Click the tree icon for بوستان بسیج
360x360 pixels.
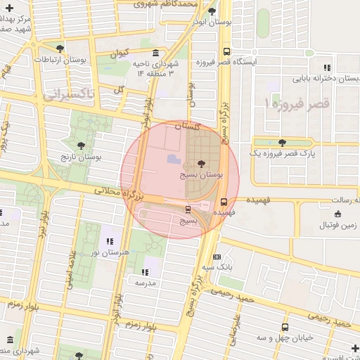(x=202, y=163)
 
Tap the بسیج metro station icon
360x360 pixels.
(x=188, y=210)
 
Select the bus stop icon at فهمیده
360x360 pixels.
(x=224, y=201)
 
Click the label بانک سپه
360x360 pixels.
(x=218, y=268)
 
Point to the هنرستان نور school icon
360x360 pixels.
(x=109, y=242)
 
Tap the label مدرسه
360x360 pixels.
(x=146, y=282)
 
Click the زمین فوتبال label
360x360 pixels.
(x=337, y=224)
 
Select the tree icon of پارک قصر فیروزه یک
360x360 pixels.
(x=282, y=143)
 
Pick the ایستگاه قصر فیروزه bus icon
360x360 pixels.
(x=226, y=51)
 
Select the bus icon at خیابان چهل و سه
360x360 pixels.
(x=285, y=328)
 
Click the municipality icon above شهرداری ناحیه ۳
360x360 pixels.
(x=155, y=53)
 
